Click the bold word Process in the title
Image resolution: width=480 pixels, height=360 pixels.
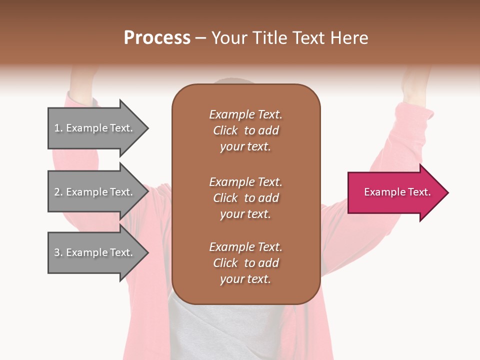(157, 38)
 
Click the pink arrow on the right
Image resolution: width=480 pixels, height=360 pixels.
(395, 192)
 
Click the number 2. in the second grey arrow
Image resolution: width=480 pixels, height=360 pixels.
(58, 192)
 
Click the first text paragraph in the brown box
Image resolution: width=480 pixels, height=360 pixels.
(245, 130)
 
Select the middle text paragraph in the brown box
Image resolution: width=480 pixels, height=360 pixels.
(245, 198)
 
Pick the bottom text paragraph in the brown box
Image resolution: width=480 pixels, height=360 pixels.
(245, 263)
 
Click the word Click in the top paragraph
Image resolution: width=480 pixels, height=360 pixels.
(225, 130)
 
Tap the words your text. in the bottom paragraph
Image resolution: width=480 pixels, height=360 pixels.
(245, 279)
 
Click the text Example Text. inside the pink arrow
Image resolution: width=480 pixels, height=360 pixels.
(397, 192)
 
